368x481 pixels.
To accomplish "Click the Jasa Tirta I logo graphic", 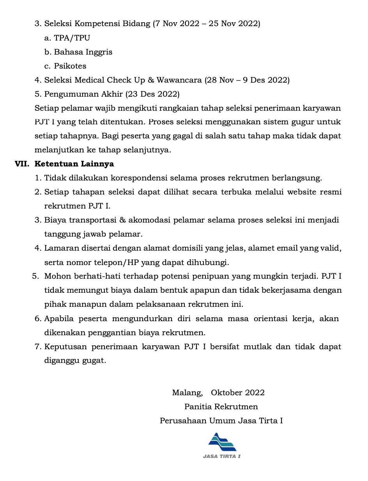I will [x=222, y=442].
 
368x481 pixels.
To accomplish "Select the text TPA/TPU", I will [x=72, y=38].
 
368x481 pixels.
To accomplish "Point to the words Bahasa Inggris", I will [x=83, y=52].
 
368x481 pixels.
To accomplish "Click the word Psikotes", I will [x=70, y=66].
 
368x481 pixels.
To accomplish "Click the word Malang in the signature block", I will [x=187, y=393].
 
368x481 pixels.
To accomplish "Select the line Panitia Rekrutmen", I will [x=221, y=407].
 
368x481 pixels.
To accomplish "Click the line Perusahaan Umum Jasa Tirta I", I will [x=221, y=421].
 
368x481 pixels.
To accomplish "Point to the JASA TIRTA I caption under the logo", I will [x=222, y=456].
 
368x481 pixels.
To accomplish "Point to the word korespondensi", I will [x=140, y=178].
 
